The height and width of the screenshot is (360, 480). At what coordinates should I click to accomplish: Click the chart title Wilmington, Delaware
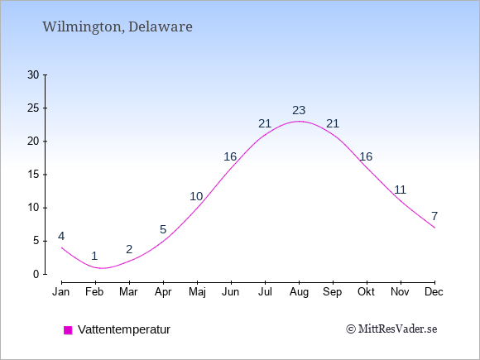pos(118,27)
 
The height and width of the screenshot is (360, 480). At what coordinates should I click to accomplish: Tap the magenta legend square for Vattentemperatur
pos(68,330)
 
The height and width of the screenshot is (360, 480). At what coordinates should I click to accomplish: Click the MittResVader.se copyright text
pos(391,329)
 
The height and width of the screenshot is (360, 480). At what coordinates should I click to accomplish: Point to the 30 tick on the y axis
pos(33,74)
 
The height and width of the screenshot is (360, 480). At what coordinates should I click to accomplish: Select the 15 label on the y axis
pos(33,175)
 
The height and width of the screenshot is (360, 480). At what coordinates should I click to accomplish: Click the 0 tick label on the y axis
pos(36,274)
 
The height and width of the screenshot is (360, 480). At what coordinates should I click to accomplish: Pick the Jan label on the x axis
pos(61,292)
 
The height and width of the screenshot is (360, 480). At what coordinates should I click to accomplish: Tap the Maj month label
pos(197,292)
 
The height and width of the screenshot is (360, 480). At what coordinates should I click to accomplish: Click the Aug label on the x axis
pos(299,292)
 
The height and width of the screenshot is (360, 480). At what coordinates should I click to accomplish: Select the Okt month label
pos(366,292)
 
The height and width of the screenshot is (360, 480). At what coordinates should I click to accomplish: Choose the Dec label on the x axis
pos(434,292)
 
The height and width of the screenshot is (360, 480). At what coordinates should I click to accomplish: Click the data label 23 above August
pos(299,110)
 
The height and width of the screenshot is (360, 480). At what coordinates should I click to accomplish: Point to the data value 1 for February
pos(94,256)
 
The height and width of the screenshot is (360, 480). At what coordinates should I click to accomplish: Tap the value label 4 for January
pos(61,237)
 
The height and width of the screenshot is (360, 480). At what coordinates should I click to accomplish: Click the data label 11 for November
pos(400,190)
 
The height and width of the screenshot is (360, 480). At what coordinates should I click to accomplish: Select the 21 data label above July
pos(265,123)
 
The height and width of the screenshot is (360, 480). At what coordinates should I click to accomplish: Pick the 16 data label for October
pos(366,156)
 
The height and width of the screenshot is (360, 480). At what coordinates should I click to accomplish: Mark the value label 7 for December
pos(434,216)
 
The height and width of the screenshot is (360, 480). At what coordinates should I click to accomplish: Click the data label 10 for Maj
pos(196,196)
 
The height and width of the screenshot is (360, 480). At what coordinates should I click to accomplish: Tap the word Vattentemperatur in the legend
pos(124,329)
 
